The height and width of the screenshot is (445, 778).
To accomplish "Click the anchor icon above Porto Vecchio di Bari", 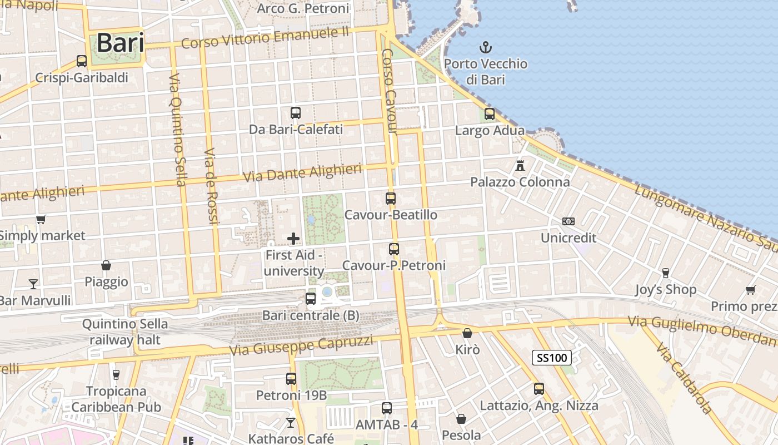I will click(486, 47).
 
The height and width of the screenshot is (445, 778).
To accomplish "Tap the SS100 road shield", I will click(552, 358).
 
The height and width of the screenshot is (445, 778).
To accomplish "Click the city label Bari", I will click(120, 43).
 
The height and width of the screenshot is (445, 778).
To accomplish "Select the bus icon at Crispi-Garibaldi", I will click(82, 61).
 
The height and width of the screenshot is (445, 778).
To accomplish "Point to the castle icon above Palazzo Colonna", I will click(520, 165).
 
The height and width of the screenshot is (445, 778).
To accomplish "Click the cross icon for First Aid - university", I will click(293, 239).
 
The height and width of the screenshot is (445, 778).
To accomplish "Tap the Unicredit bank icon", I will click(568, 221).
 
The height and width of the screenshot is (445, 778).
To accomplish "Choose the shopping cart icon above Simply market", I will click(41, 219).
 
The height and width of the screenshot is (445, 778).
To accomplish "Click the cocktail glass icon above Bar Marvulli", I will click(33, 284).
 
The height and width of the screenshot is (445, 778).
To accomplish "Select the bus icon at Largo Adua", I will click(490, 114).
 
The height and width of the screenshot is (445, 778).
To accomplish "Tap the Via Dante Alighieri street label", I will click(303, 173).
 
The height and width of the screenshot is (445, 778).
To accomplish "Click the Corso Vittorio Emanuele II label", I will click(265, 38).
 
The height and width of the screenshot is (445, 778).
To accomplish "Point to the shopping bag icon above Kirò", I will click(467, 333).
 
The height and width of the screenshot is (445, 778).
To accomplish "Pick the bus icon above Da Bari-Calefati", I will click(296, 113).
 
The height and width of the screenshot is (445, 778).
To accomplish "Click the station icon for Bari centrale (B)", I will click(311, 299).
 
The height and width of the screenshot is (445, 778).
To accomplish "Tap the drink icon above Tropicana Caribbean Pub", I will click(116, 374).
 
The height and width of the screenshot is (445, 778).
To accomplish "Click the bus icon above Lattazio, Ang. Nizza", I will click(539, 389).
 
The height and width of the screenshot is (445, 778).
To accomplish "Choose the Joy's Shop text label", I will click(666, 289).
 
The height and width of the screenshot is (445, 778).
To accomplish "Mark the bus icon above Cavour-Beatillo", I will click(391, 199).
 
